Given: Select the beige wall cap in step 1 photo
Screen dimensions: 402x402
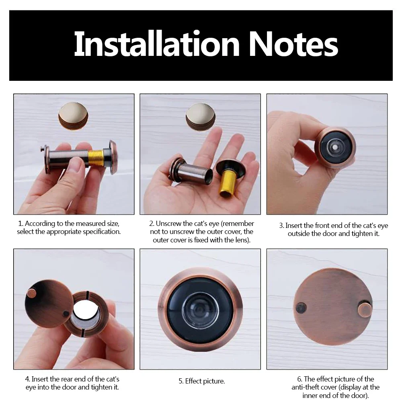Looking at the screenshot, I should (73, 115).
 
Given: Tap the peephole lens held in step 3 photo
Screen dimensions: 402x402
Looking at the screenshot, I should (334, 148).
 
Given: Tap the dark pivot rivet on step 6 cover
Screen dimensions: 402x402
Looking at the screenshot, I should (301, 308).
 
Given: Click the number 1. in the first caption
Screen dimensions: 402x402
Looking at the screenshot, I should (21, 224).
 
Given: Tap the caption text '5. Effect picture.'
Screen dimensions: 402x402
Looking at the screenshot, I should (202, 381).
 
